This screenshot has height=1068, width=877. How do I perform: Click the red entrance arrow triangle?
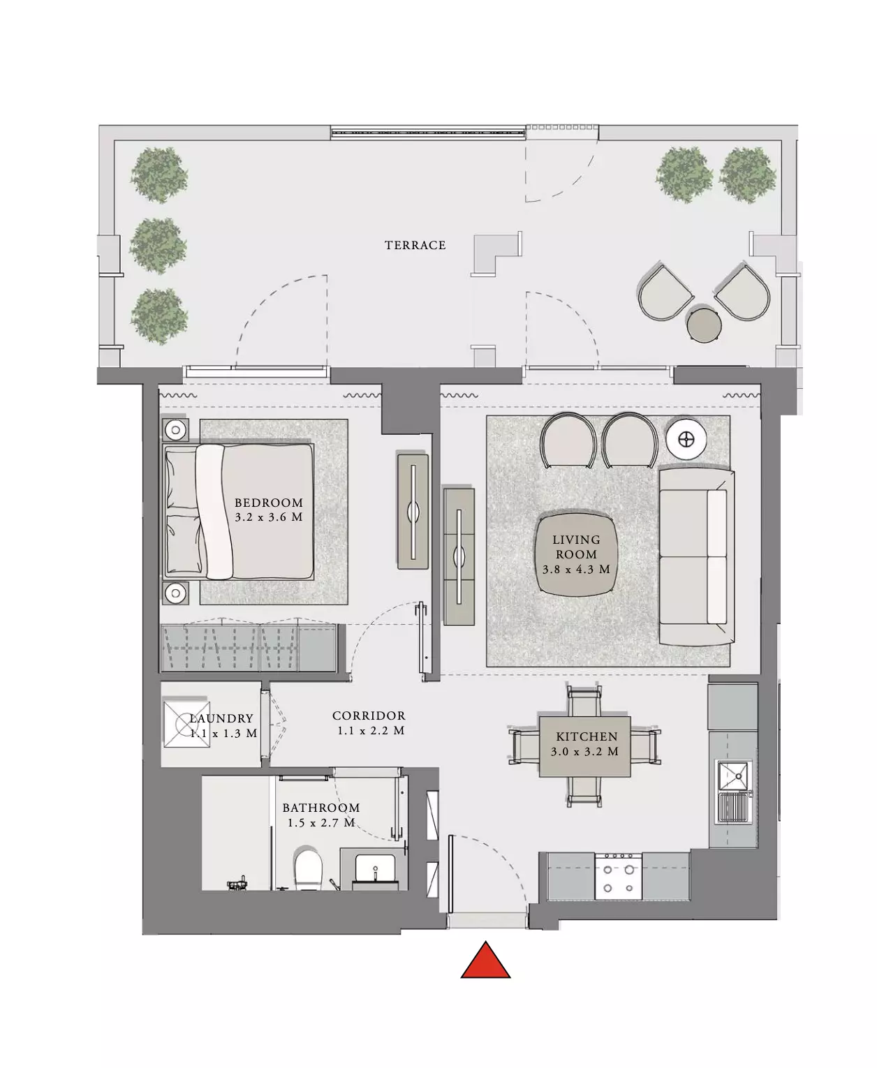485,960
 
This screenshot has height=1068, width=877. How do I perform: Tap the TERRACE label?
415,246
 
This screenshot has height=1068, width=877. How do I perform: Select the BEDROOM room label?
269,503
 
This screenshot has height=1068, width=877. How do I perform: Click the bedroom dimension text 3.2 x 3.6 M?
269,517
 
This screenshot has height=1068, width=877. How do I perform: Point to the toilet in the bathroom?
308,870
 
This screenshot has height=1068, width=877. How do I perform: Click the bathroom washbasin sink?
375,869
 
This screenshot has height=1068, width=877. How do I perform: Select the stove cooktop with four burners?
618,877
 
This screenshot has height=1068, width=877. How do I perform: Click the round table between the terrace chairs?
704,325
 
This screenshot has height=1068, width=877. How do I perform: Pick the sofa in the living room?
697,556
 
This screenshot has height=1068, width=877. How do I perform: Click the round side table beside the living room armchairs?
686,440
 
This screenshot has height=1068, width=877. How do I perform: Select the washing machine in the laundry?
186,724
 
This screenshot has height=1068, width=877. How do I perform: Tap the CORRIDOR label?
369,715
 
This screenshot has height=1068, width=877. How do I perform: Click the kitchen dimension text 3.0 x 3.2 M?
584,752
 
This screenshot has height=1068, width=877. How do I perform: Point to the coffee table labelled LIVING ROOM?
576,554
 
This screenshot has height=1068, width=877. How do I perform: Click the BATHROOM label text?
321,808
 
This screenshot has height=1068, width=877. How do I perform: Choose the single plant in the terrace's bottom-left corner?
159,316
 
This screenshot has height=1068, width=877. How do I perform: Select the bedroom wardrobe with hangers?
249,648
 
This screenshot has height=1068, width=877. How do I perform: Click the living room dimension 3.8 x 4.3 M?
576,569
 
